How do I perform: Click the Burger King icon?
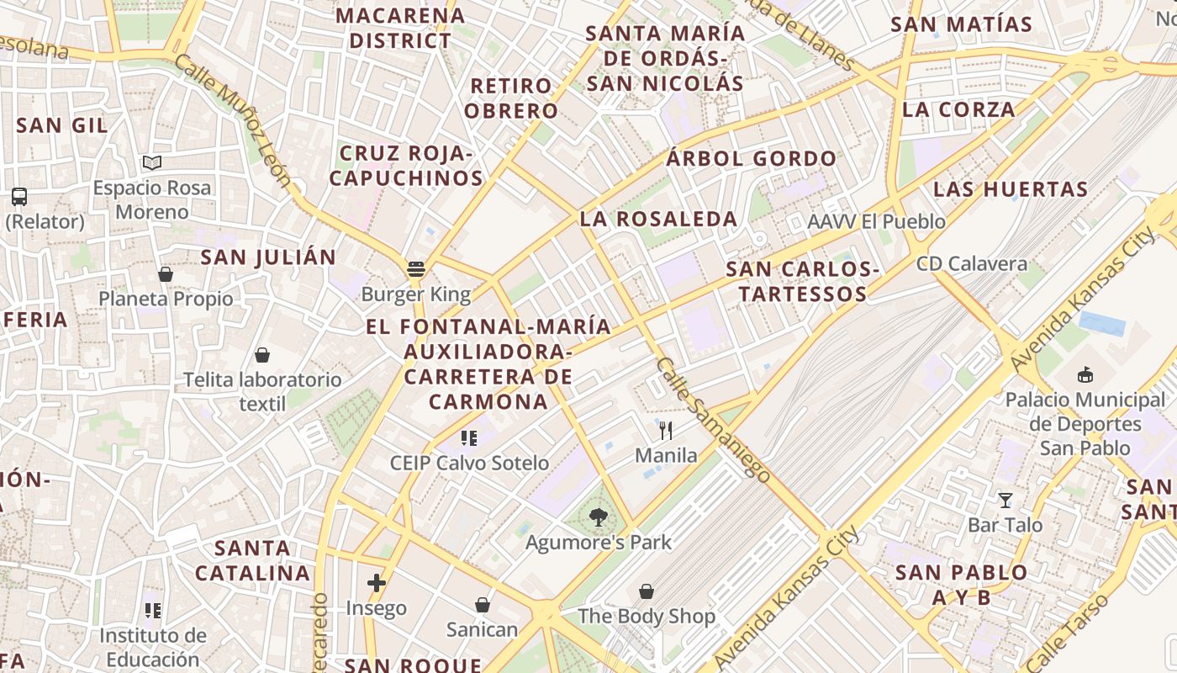[415, 269]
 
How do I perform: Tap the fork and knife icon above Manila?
[666, 431]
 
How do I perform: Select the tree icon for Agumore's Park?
[598, 517]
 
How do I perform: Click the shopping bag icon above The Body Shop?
[647, 591]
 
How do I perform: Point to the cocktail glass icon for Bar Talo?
[1005, 501]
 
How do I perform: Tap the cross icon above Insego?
[376, 582]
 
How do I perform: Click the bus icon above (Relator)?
[19, 197]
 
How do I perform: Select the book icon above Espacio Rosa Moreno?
[151, 162]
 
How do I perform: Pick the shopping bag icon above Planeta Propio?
[166, 274]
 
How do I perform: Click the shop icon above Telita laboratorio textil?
[262, 355]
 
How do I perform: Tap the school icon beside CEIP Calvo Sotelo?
[469, 437]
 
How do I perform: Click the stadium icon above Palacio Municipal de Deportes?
[1085, 374]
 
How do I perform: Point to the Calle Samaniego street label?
[713, 420]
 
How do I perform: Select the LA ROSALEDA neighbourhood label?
[658, 219]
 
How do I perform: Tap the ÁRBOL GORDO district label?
[751, 158]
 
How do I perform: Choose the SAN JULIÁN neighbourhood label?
[268, 257]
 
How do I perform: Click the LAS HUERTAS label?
[1011, 188]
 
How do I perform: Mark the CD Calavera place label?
[972, 263]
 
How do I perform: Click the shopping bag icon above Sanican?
[483, 605]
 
